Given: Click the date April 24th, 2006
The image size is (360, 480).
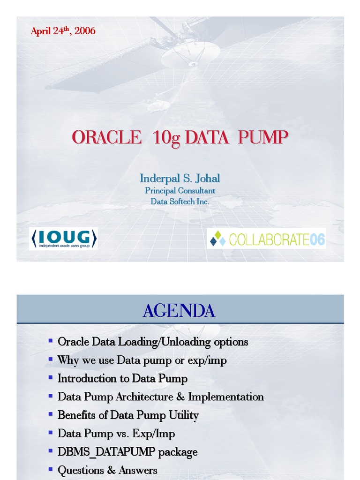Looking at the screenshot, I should coord(63,31).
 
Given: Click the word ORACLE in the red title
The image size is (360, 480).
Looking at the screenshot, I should coord(106,138).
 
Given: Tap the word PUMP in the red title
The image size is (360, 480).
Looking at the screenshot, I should coord(262,138).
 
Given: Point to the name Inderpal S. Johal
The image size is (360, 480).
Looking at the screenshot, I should coord(180,179).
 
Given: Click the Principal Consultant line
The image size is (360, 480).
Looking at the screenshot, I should coord(180,191).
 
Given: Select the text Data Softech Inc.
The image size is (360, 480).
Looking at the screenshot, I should coord(180,202).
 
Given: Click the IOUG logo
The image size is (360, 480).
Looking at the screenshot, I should coord(63,239).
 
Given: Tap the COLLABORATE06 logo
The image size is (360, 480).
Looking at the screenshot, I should coord(266,239).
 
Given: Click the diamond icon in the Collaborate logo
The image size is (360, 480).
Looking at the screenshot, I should coord(218,239).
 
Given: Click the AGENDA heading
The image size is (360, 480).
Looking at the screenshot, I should coord(179,310).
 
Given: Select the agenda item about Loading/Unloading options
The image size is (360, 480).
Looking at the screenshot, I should coord(152,342).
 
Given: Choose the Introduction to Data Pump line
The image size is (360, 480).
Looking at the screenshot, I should coord(122,378).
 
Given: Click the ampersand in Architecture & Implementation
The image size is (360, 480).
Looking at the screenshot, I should coord(181,397).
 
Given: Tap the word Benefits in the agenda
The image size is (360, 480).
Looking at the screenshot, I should coord(76,415).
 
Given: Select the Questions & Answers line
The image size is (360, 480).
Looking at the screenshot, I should coord(107,470).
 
